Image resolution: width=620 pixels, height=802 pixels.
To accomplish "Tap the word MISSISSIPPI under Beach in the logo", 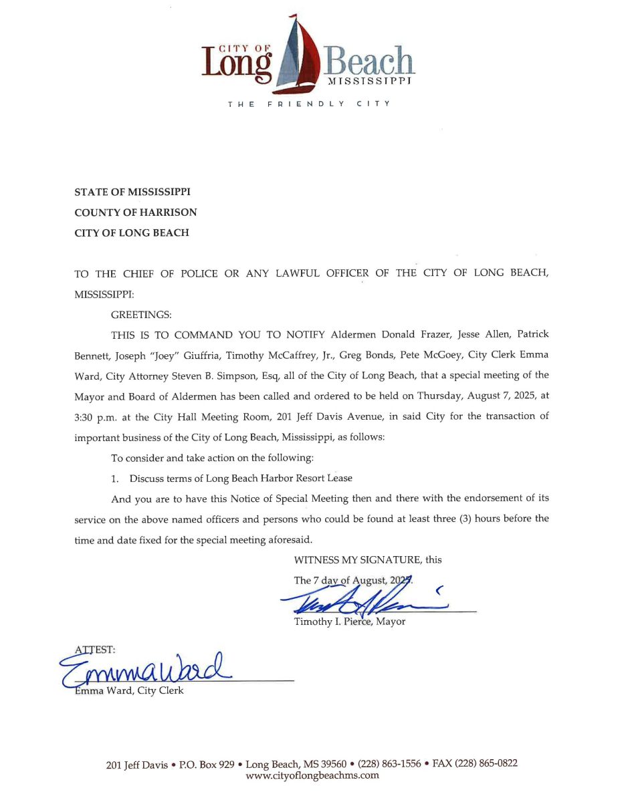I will tap(369, 81).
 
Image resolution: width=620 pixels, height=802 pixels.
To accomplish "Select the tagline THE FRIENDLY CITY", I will tap(309, 104).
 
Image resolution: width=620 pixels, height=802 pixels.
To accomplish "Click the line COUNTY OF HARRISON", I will tap(135, 213).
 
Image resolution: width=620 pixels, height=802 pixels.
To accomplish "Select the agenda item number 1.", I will tap(115, 479).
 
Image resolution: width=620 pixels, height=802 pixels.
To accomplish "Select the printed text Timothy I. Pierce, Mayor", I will tap(349, 622).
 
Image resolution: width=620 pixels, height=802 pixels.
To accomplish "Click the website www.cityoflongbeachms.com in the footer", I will tap(312, 776).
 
